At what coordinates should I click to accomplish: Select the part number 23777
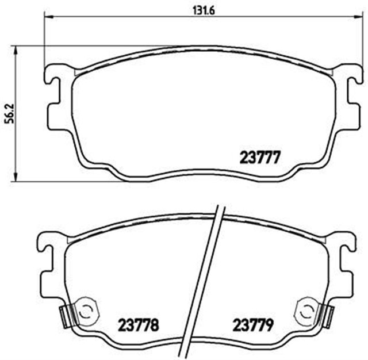[259, 157]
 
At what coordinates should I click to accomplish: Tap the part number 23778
[139, 324]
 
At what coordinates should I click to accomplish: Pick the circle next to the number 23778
[85, 311]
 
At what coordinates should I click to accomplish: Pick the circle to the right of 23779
[305, 311]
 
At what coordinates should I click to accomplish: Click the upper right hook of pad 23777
[347, 77]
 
